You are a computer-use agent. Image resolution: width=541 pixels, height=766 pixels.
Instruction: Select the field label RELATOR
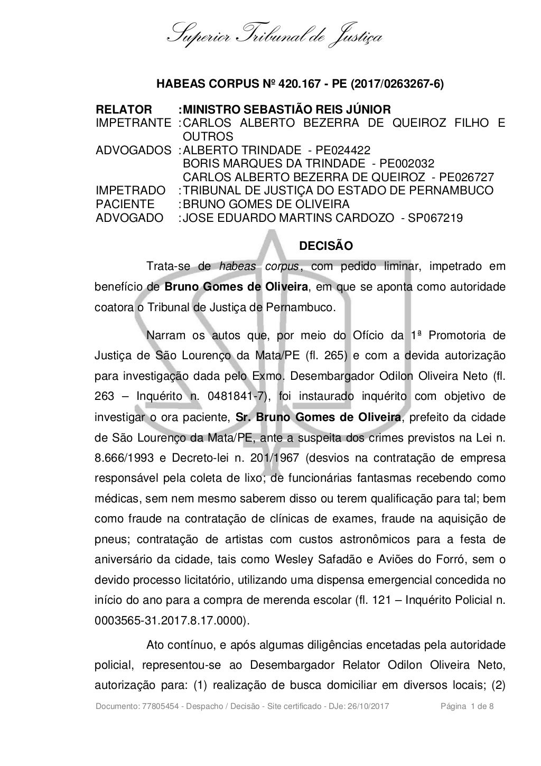click(124, 110)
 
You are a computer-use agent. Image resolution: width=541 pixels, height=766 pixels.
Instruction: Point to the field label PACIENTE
click(125, 204)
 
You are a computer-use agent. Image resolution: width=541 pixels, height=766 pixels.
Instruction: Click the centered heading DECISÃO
click(326, 246)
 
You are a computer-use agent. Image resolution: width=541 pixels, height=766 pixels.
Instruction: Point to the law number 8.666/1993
click(124, 457)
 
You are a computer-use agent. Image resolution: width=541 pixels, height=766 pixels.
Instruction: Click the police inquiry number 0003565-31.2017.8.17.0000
click(170, 621)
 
